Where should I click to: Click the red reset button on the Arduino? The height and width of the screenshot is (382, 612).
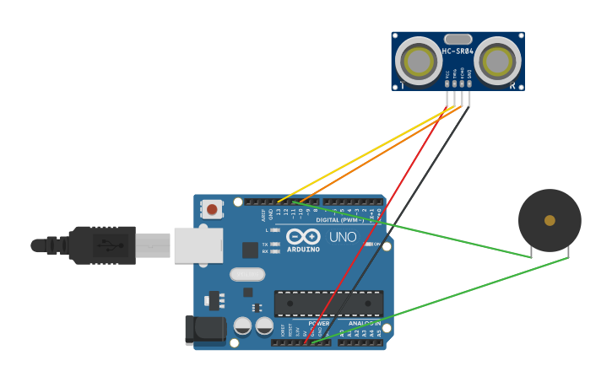pyautogui.click(x=212, y=208)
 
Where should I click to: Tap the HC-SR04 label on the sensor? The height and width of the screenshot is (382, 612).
pyautogui.click(x=458, y=51)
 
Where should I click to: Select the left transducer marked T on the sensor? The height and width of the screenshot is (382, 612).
pyautogui.click(x=418, y=61)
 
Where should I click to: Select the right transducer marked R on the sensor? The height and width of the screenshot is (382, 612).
pyautogui.click(x=497, y=61)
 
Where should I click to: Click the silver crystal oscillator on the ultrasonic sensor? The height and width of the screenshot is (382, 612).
pyautogui.click(x=458, y=39)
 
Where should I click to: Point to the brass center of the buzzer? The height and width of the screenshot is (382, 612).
pyautogui.click(x=550, y=220)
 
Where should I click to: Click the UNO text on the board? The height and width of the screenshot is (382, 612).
pyautogui.click(x=343, y=237)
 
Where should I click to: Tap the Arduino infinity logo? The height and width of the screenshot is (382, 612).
pyautogui.click(x=302, y=236)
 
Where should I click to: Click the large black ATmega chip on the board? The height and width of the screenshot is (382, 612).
pyautogui.click(x=328, y=304)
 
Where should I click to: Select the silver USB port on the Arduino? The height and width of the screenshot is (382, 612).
pyautogui.click(x=198, y=245)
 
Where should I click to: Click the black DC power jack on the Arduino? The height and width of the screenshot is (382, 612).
pyautogui.click(x=205, y=330)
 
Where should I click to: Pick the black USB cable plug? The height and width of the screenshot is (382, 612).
pyautogui.click(x=101, y=245)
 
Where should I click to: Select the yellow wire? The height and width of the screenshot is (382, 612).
pyautogui.click(x=363, y=154)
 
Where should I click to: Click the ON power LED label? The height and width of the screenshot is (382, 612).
pyautogui.click(x=376, y=245)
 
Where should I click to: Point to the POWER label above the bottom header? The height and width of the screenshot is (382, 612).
pyautogui.click(x=319, y=323)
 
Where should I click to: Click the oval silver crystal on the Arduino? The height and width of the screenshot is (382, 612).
pyautogui.click(x=246, y=274)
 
